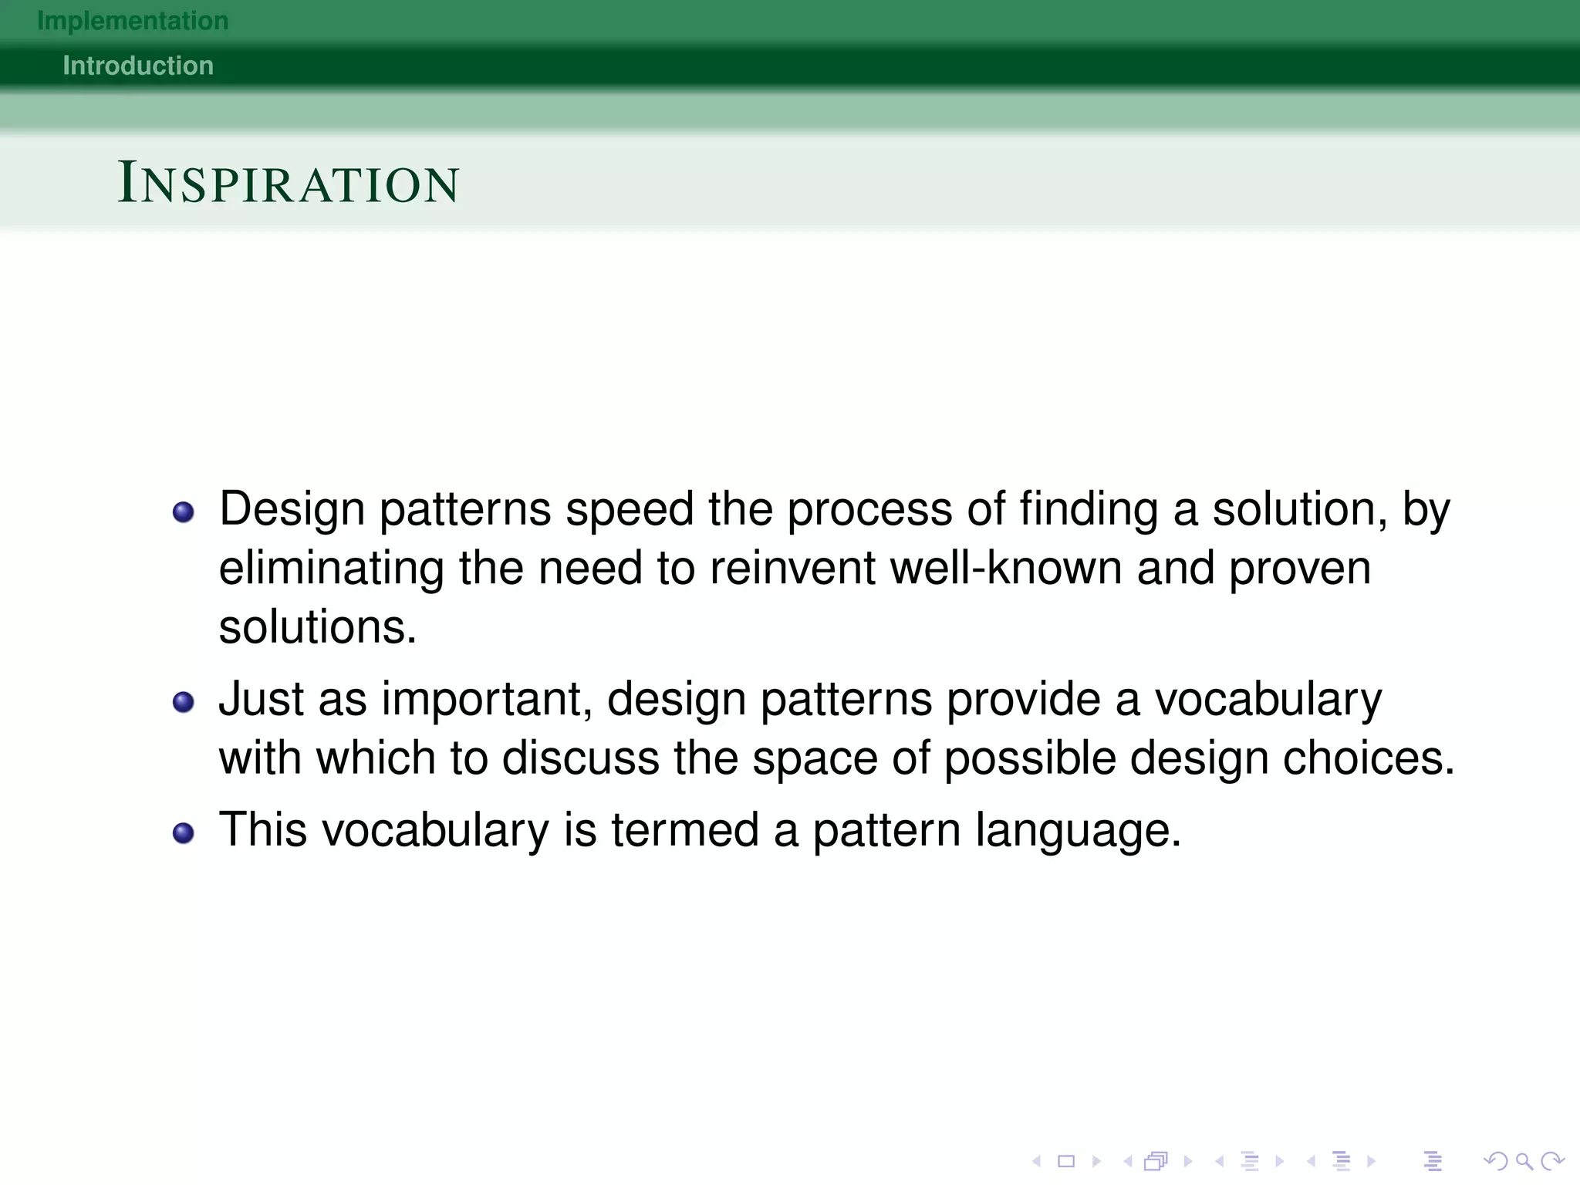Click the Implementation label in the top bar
pyautogui.click(x=133, y=21)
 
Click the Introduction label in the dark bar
pyautogui.click(x=138, y=66)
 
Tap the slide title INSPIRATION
pyautogui.click(x=289, y=184)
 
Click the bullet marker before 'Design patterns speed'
pyautogui.click(x=183, y=512)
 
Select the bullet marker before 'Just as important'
pyautogui.click(x=183, y=702)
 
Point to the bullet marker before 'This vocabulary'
pyautogui.click(x=183, y=833)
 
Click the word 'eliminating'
pyautogui.click(x=331, y=569)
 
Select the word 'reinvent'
pyautogui.click(x=792, y=569)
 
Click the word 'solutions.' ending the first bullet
pyautogui.click(x=317, y=627)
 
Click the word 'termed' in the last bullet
pyautogui.click(x=685, y=831)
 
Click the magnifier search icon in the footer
pyautogui.click(x=1524, y=1160)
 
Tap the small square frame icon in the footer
pyautogui.click(x=1066, y=1160)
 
